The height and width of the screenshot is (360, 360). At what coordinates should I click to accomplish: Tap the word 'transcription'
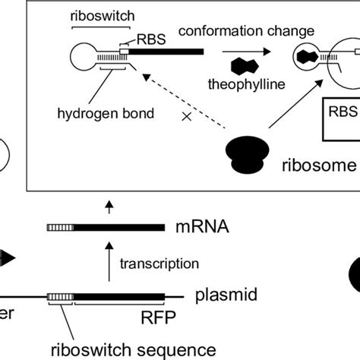click(x=161, y=263)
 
